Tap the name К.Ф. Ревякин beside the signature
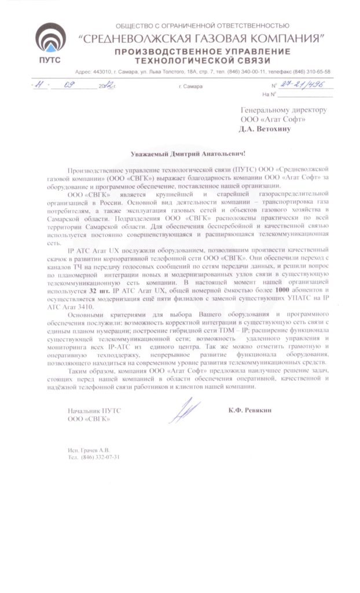point(249,409)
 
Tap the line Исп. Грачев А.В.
point(88,450)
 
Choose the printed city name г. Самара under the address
point(191,86)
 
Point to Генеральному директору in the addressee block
point(284,110)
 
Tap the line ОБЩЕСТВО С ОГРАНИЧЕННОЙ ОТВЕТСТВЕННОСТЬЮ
point(202,26)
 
